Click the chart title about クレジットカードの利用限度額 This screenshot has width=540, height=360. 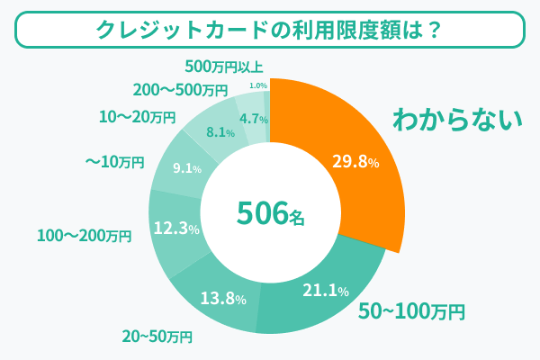(269, 29)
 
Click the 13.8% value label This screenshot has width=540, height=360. (221, 298)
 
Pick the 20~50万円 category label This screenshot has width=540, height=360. (157, 337)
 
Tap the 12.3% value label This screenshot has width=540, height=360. (176, 229)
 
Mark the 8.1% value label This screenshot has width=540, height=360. (220, 132)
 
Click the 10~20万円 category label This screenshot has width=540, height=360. (137, 117)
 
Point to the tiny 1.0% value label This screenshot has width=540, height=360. (257, 85)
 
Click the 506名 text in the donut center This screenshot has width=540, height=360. (271, 213)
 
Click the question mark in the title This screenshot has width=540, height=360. (431, 29)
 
